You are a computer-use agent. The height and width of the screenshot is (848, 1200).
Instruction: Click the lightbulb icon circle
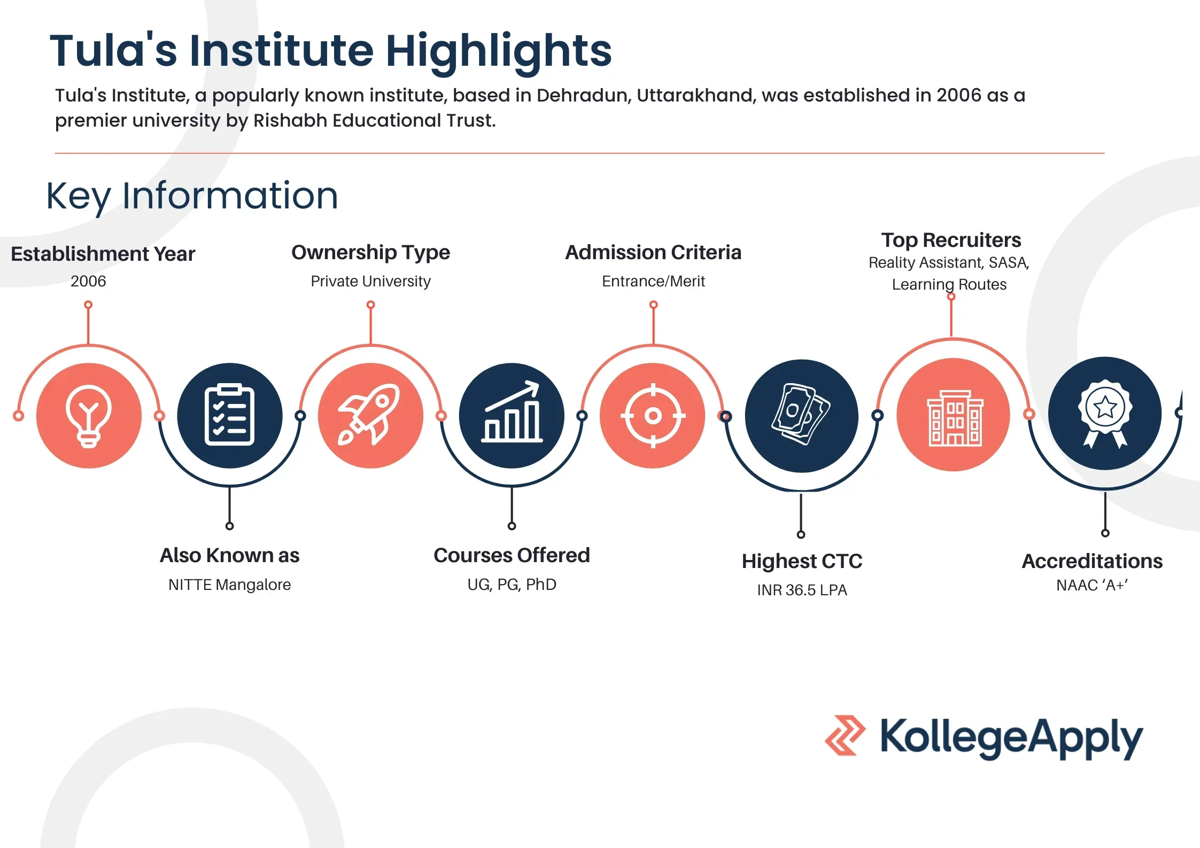click(89, 416)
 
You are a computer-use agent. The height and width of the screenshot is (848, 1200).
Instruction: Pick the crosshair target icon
click(653, 416)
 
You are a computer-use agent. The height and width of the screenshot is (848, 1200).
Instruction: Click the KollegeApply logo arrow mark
click(845, 735)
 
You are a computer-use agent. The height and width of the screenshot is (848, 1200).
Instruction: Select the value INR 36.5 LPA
click(802, 590)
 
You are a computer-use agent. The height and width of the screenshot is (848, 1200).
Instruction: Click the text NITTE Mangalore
click(230, 585)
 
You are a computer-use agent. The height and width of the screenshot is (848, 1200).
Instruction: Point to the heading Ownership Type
click(370, 253)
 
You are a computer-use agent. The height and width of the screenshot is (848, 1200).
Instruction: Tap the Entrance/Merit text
click(653, 281)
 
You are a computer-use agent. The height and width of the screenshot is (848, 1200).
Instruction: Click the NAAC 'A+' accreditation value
click(1092, 585)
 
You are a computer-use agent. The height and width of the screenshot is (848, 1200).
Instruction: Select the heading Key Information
click(192, 196)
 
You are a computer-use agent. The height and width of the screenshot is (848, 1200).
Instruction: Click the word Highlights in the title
click(499, 51)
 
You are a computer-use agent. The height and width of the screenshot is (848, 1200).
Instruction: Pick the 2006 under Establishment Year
click(88, 281)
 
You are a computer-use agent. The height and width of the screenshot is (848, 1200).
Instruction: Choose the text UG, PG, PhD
click(512, 585)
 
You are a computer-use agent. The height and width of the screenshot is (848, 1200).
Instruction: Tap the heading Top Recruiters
click(951, 240)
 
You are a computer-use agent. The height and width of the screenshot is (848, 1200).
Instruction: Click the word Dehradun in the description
click(584, 95)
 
